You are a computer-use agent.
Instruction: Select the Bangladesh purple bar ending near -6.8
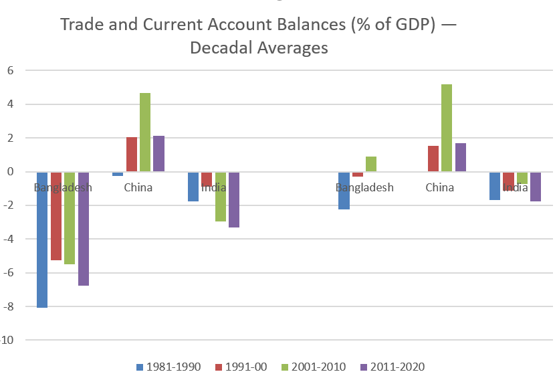pos(84,229)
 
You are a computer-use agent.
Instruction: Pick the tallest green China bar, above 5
pos(447,128)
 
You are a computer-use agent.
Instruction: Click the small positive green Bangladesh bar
pos(371,164)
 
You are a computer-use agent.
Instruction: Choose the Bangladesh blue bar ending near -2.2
pos(344,191)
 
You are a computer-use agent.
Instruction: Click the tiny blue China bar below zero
pos(118,174)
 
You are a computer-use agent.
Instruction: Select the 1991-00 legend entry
pos(242,366)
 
